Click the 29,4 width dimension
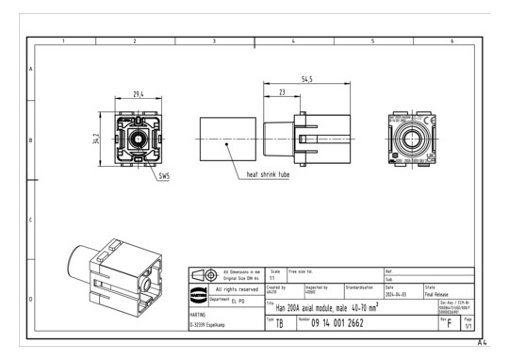138,94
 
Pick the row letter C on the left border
31,221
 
